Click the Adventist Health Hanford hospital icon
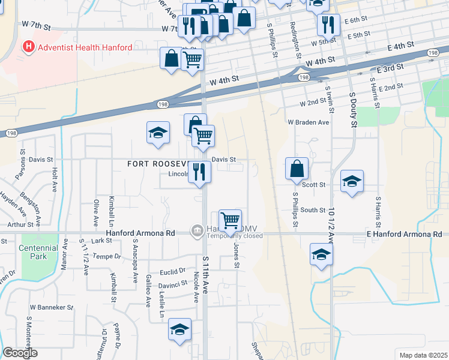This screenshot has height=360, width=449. tap(28, 46)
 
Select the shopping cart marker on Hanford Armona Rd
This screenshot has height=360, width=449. tap(231, 220)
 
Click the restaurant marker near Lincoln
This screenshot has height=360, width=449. tap(199, 172)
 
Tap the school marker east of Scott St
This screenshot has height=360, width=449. tap(352, 181)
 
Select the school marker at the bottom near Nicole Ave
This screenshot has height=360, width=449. tap(179, 329)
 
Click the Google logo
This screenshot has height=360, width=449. tap(20, 352)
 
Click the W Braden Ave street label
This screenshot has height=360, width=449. tap(309, 122)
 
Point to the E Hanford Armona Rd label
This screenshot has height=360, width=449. tap(404, 234)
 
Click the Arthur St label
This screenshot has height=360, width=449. tap(21, 225)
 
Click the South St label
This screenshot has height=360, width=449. tap(313, 210)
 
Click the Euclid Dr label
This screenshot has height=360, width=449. tap(173, 272)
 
